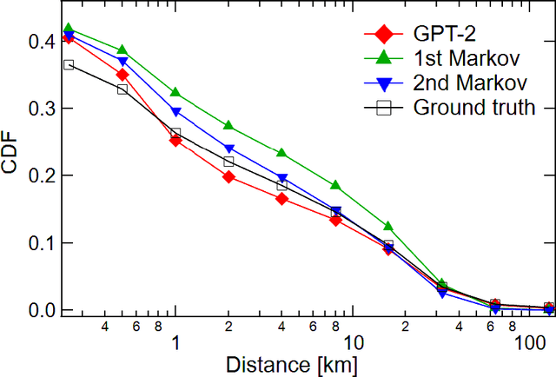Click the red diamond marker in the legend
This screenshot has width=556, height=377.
378,37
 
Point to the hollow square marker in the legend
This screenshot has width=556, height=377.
378,108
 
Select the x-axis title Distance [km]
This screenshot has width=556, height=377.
290,365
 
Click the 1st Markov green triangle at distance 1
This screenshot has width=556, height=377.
175,92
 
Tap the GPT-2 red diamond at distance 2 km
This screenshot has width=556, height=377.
228,176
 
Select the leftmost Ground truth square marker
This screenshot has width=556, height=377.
69,64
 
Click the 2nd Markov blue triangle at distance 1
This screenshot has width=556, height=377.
175,112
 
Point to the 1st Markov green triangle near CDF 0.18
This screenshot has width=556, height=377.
335,186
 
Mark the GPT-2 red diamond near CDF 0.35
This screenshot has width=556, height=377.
122,75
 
